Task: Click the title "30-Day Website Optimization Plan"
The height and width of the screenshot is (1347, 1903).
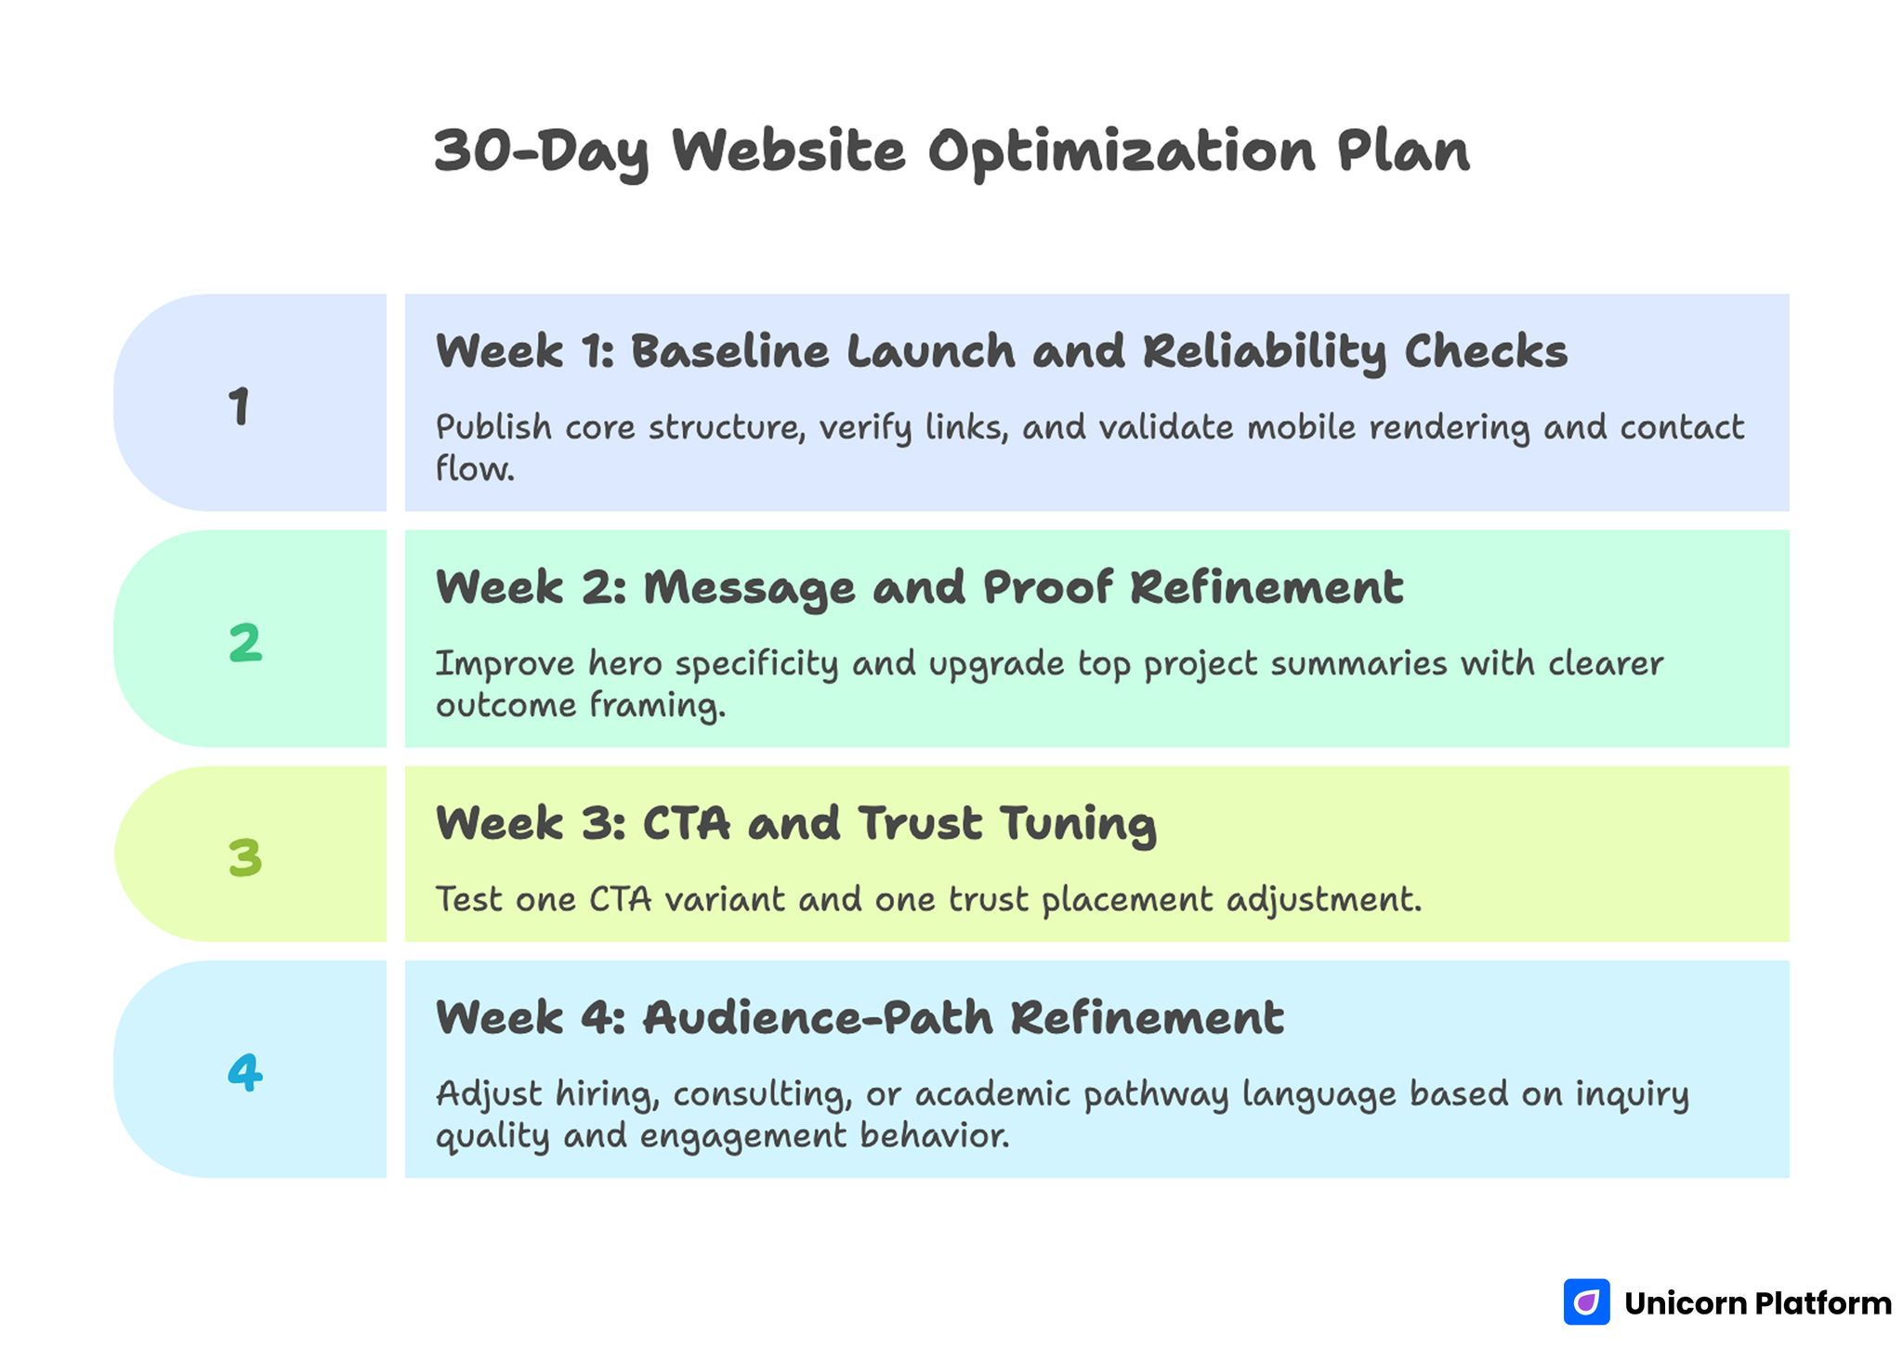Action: (951, 150)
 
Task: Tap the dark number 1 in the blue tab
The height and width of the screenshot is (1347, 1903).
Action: (239, 407)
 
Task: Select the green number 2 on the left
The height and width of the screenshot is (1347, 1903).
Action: (245, 643)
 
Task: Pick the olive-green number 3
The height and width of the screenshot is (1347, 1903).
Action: (245, 857)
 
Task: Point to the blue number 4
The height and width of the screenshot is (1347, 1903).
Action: (245, 1073)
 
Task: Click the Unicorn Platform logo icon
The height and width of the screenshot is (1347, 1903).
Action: (1586, 1302)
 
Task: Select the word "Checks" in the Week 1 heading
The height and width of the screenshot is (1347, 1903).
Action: (1485, 352)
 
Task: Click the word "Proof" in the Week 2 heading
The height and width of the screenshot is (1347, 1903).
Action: (1048, 588)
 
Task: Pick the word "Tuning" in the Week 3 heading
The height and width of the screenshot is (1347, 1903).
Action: (1078, 825)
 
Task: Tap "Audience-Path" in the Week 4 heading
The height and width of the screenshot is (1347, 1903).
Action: (818, 1018)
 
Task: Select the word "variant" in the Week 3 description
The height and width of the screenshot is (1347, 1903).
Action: (725, 899)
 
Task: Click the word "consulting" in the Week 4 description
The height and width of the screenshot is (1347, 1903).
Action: (762, 1094)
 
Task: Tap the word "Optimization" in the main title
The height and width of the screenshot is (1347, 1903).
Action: (1122, 150)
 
